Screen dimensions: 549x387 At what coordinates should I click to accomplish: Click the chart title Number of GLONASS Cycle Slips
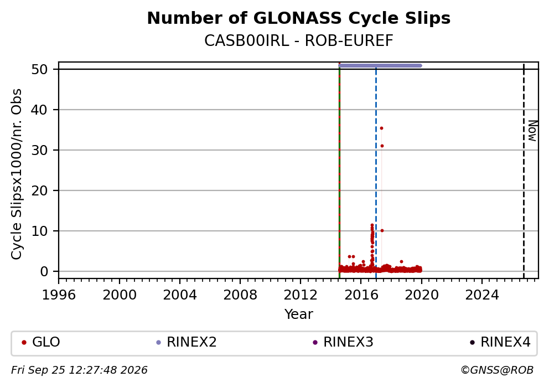point(299,18)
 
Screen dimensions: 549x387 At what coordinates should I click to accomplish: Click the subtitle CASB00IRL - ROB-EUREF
point(299,40)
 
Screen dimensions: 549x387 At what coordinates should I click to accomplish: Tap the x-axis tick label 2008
point(240,295)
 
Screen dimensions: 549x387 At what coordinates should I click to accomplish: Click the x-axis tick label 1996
point(59,295)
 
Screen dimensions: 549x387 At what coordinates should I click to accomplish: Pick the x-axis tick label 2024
point(482,295)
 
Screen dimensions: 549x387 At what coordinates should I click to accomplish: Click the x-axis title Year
point(299,314)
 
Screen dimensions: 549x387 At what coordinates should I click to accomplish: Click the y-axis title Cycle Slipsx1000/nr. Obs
point(17,174)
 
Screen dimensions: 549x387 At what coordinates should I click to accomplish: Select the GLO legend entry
point(41,342)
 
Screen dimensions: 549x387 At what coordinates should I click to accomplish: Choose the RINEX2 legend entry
point(187,342)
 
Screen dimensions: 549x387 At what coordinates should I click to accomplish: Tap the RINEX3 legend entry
point(343,342)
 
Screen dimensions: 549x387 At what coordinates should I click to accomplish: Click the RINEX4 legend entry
point(500,342)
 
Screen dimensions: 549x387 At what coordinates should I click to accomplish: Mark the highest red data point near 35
point(382,128)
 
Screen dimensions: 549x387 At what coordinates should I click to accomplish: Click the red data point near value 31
point(382,146)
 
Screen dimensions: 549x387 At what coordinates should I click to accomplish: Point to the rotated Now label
point(532,131)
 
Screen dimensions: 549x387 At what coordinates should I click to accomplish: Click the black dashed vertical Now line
point(524,171)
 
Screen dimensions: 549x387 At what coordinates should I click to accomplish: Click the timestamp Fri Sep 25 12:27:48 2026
point(79,370)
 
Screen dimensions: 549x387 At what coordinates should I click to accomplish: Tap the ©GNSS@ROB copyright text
point(497,370)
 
